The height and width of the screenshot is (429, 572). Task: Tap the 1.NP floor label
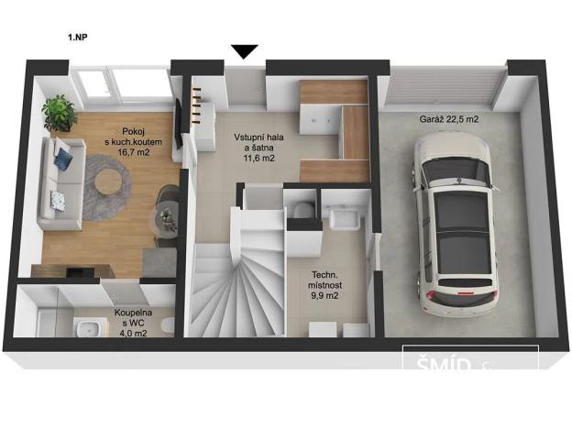click(x=78, y=38)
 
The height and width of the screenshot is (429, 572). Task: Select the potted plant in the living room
click(x=60, y=113)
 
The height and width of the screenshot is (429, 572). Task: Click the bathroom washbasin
click(x=89, y=328)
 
